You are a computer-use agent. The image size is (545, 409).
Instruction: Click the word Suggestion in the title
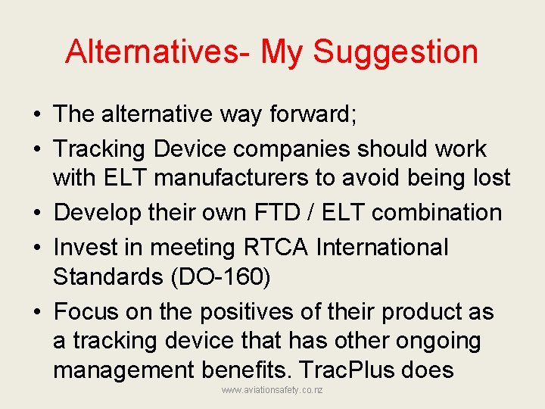click(x=395, y=52)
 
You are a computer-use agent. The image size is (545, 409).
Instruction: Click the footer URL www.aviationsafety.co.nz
click(x=272, y=389)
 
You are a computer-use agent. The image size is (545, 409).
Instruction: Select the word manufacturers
click(x=246, y=178)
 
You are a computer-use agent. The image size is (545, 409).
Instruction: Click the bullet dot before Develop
click(x=37, y=213)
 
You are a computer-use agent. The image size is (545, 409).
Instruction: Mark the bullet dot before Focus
click(x=37, y=312)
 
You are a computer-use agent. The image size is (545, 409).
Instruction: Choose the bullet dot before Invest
click(x=37, y=248)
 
